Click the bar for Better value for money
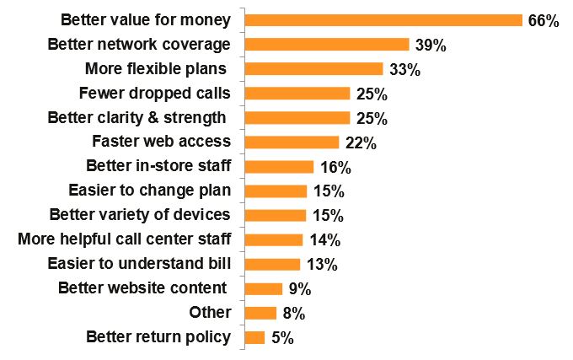tap(383, 20)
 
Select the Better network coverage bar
tap(326, 45)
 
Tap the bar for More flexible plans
tap(313, 69)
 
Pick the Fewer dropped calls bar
tap(297, 94)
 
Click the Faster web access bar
tap(291, 142)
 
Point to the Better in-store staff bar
tap(278, 167)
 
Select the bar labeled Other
tap(260, 313)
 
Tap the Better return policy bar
tap(254, 337)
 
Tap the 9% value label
tap(299, 289)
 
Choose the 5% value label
tap(282, 338)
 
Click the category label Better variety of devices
tap(140, 215)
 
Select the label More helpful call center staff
tap(124, 239)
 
